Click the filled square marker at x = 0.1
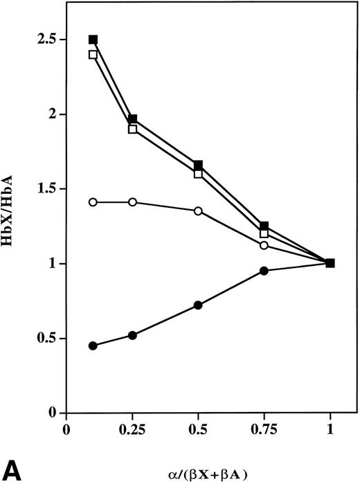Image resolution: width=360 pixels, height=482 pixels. [93, 39]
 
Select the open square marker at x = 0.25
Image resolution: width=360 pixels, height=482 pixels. [132, 129]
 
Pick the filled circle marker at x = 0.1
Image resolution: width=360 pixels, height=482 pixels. [93, 346]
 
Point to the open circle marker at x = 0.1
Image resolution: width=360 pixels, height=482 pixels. [93, 202]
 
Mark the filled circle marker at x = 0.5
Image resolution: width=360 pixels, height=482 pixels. [198, 305]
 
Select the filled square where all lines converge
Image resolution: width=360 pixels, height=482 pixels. [330, 263]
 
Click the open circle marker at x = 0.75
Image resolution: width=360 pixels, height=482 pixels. [264, 245]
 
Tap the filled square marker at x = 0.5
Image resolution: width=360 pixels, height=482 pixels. [198, 165]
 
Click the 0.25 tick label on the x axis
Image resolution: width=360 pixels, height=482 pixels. [132, 429]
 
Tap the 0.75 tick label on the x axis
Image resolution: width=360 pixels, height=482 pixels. [264, 429]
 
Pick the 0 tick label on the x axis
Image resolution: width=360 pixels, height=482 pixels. [66, 429]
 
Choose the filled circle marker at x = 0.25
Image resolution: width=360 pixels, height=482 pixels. [132, 335]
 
